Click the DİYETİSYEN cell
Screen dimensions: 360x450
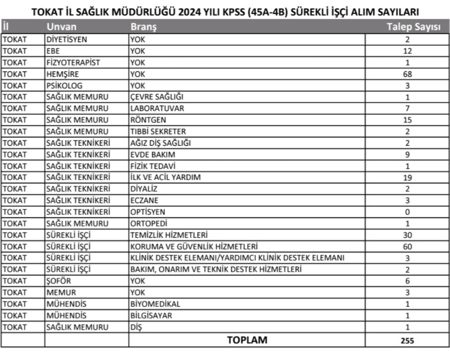click(66, 39)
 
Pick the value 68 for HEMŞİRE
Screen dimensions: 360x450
click(407, 74)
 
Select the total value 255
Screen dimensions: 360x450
click(407, 341)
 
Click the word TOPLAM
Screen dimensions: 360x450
click(247, 340)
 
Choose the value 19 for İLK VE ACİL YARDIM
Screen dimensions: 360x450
click(407, 178)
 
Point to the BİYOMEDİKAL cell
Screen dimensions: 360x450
click(155, 303)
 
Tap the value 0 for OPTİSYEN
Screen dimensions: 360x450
click(407, 212)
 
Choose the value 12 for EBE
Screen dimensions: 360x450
click(407, 51)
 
